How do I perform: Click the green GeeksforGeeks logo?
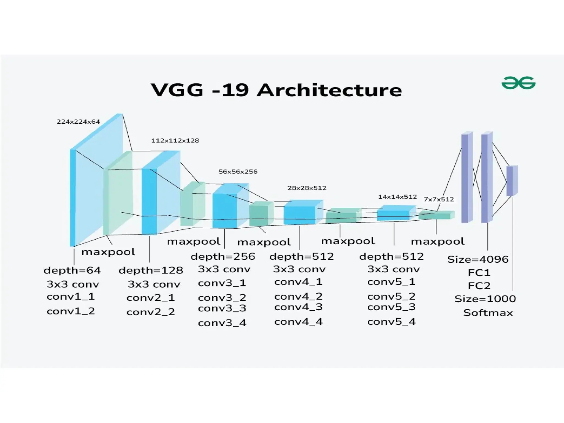point(518,83)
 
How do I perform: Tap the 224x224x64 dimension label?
point(78,122)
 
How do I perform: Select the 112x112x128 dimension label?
point(175,140)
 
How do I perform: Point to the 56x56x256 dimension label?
point(238,172)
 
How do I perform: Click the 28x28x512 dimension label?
point(307,188)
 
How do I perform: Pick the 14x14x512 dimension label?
point(397,197)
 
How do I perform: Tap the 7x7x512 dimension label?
point(439,199)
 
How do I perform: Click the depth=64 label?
point(72,270)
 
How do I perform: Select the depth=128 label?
point(151,270)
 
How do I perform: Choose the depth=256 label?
point(223,257)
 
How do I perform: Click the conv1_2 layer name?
point(71,311)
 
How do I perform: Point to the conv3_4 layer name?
point(222,323)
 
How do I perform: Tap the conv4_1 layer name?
point(298,282)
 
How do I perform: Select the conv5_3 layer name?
point(391,307)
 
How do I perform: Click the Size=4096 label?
point(478,259)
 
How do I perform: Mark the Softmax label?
point(488,313)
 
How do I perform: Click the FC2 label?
point(479,286)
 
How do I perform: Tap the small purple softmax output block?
point(512,181)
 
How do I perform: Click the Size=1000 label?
point(485,299)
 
